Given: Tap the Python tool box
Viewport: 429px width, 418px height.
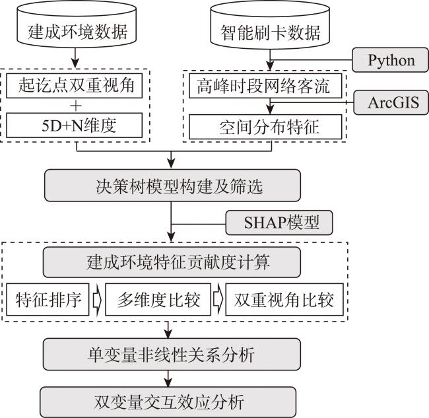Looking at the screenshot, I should point(391,61).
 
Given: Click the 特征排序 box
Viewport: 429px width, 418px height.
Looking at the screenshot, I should point(48,300).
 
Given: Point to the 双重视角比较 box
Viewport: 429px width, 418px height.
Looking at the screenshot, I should point(280,300).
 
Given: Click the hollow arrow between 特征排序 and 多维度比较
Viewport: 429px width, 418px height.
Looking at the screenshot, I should point(97,300).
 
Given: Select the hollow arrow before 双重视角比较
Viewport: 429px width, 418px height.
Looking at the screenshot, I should point(217,300).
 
